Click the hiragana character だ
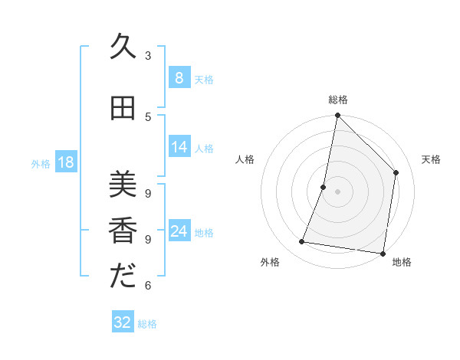tap(122, 276)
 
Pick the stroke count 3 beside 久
tap(148, 56)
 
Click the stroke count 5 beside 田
tap(148, 116)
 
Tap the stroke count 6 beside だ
tap(148, 286)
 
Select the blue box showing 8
tap(179, 78)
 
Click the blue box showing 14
tap(179, 147)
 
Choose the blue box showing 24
tap(179, 231)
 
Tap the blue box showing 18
tap(65, 162)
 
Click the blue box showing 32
tap(123, 322)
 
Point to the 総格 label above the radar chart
tap(337, 100)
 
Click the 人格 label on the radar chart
tap(245, 159)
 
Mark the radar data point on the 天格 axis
tap(396, 172)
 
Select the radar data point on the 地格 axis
tap(383, 253)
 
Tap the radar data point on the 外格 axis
tap(302, 242)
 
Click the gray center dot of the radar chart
tap(337, 191)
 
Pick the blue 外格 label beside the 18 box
tap(40, 163)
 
